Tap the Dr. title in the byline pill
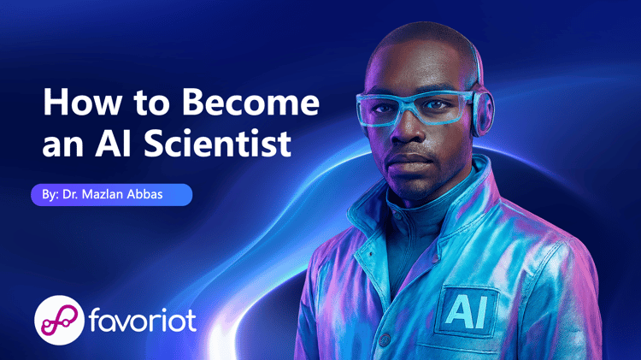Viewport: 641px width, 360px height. (x=70, y=194)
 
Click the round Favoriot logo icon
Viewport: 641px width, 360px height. (x=60, y=320)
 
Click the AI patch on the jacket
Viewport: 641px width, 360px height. (x=466, y=312)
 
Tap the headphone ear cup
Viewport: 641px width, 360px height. (x=483, y=113)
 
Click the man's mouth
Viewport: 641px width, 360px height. (x=409, y=159)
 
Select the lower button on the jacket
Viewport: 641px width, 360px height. (x=385, y=339)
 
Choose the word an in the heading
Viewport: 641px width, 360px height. (x=63, y=146)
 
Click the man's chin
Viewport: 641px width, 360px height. (x=412, y=184)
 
